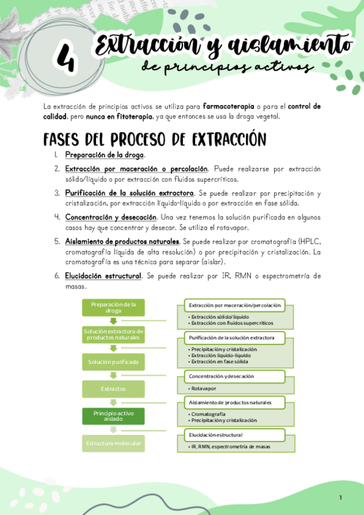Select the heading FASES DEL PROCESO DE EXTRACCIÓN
pyautogui.click(x=154, y=139)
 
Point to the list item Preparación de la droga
pyautogui.click(x=105, y=155)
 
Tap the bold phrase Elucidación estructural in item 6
pyautogui.click(x=103, y=276)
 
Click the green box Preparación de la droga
pyautogui.click(x=114, y=307)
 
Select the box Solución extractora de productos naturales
pyautogui.click(x=114, y=334)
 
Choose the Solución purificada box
pyautogui.click(x=114, y=362)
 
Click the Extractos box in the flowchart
pyautogui.click(x=114, y=389)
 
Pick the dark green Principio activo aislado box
pyautogui.click(x=114, y=416)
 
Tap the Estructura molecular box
pyautogui.click(x=114, y=443)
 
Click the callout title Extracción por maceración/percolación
pyautogui.click(x=235, y=305)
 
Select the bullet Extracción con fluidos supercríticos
pyautogui.click(x=232, y=323)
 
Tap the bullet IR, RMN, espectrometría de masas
pyautogui.click(x=230, y=446)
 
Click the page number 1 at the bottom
pyautogui.click(x=340, y=498)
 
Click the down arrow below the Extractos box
pyautogui.click(x=114, y=402)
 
